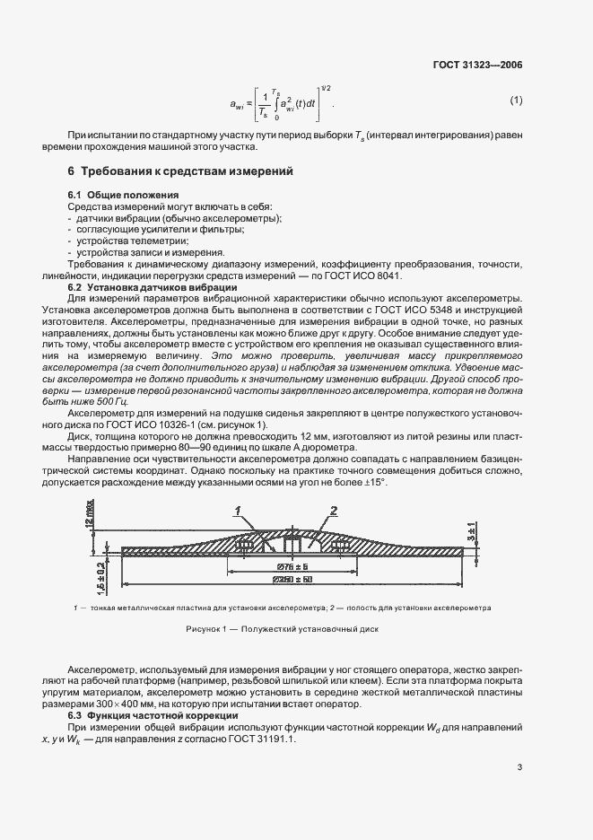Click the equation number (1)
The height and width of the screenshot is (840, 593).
pyautogui.click(x=516, y=100)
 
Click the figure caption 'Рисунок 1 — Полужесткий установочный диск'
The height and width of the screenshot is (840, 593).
pyautogui.click(x=283, y=629)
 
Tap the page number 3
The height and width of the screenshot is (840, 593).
pyautogui.click(x=519, y=766)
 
